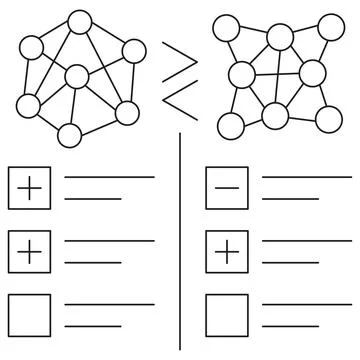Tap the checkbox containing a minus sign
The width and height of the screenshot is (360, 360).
click(226, 188)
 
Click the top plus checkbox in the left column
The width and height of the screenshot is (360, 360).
click(29, 188)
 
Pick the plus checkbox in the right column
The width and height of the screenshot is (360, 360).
click(226, 250)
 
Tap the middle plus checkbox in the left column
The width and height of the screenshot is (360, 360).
click(29, 250)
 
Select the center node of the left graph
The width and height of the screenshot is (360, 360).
click(76, 77)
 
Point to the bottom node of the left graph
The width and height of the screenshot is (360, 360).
click(69, 134)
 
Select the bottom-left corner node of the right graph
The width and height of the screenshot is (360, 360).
click(231, 125)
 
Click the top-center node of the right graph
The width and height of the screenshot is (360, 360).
click(279, 38)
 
